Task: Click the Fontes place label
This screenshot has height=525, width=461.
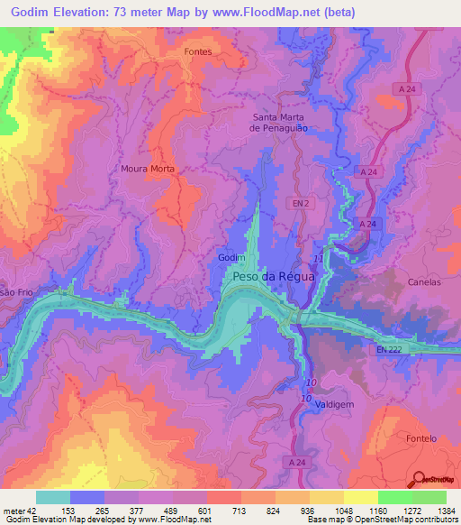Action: pyautogui.click(x=197, y=51)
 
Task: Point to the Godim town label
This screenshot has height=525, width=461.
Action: pyautogui.click(x=231, y=258)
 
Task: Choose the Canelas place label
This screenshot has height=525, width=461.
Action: pyautogui.click(x=424, y=281)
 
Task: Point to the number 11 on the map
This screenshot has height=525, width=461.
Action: pyautogui.click(x=316, y=259)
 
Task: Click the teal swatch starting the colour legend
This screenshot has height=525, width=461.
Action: pyautogui.click(x=53, y=497)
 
